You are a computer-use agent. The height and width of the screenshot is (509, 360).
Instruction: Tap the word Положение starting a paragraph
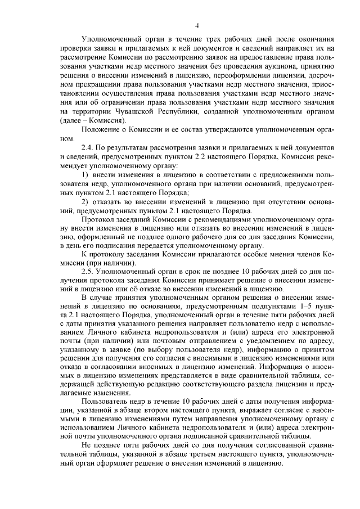click(102, 130)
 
